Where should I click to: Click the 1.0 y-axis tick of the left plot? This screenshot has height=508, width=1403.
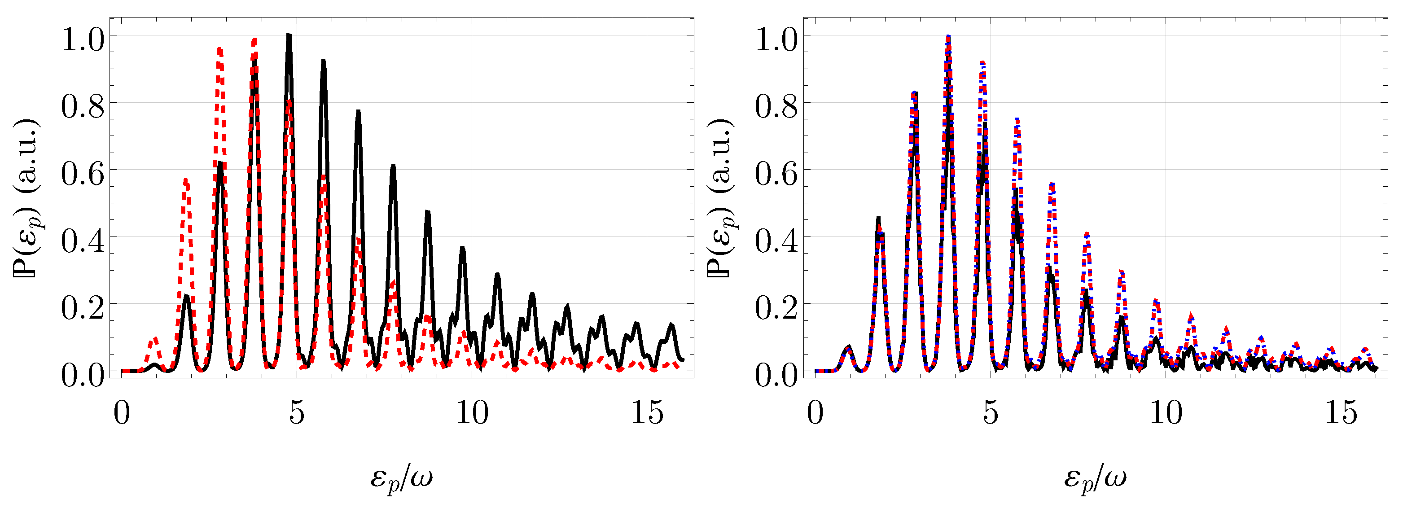[x=82, y=40]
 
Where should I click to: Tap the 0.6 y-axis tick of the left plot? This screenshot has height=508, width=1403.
[x=82, y=174]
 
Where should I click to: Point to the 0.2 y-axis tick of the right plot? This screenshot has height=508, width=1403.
[x=776, y=308]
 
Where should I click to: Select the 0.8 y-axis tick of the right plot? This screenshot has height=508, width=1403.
[x=776, y=107]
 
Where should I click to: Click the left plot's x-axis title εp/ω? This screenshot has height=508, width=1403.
[x=401, y=478]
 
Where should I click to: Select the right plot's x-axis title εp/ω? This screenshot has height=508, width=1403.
[x=1095, y=478]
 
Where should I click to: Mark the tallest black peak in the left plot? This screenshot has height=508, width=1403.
[x=289, y=36]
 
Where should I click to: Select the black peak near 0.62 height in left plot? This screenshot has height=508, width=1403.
[x=220, y=164]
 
